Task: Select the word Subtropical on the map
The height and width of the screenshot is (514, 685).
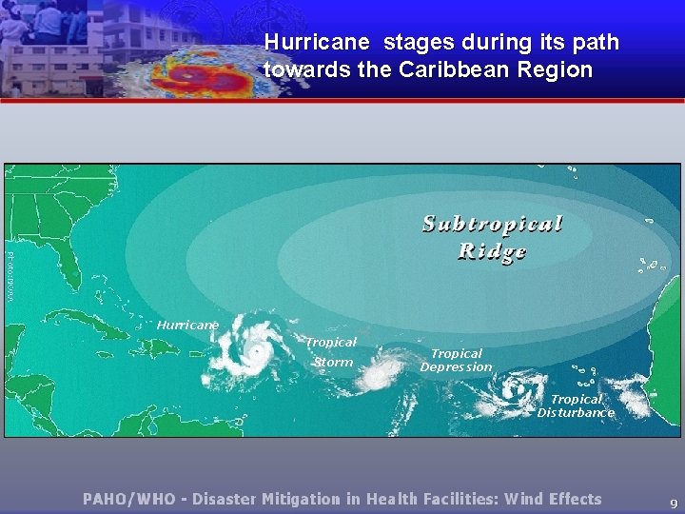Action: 493,224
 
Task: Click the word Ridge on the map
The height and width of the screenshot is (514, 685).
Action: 492,251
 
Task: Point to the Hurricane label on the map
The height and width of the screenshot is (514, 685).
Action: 187,325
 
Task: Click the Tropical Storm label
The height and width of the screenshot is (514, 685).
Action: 331,351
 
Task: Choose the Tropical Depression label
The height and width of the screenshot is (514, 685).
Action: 457,360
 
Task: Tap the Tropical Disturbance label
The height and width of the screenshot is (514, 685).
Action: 576,406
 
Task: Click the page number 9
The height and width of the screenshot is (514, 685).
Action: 674,503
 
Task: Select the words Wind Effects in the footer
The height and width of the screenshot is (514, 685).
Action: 553,499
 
